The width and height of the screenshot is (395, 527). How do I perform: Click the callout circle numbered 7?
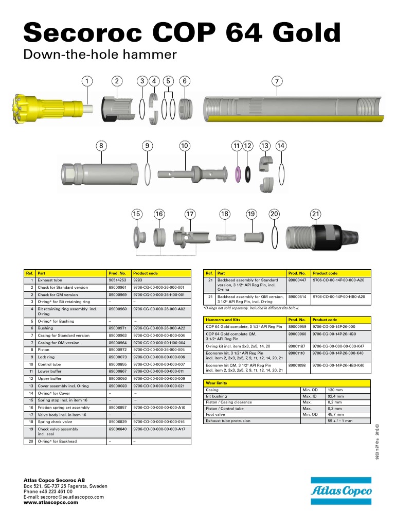[x=277, y=81]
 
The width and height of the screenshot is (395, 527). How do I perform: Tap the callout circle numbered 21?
[x=315, y=214]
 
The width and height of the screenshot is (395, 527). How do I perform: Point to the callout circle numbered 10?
[x=185, y=146]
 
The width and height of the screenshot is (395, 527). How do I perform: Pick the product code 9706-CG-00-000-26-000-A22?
[x=158, y=328]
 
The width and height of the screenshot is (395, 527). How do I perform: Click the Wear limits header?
[x=217, y=383]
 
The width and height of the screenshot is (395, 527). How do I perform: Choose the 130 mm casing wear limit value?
[x=335, y=390]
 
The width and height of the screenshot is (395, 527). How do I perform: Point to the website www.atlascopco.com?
[x=51, y=503]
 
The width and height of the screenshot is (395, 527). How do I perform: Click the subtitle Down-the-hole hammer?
[x=101, y=55]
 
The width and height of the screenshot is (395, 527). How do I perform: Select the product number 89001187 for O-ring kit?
[x=297, y=346]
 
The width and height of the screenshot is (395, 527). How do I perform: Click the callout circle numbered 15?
[x=136, y=214]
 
